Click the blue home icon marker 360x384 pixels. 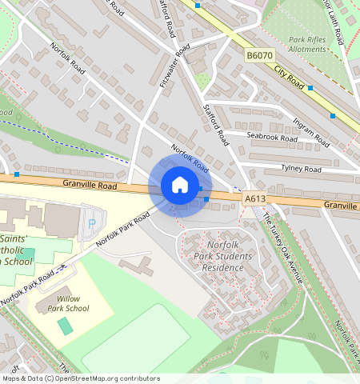point(180,186)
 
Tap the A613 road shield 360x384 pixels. point(254,198)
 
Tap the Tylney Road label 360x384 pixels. point(301,169)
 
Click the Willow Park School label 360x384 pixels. point(68,302)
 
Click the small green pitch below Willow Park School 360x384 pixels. point(64,326)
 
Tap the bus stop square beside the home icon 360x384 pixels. point(206,198)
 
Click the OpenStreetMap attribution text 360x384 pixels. point(80,378)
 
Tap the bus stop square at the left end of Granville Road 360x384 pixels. point(17,174)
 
